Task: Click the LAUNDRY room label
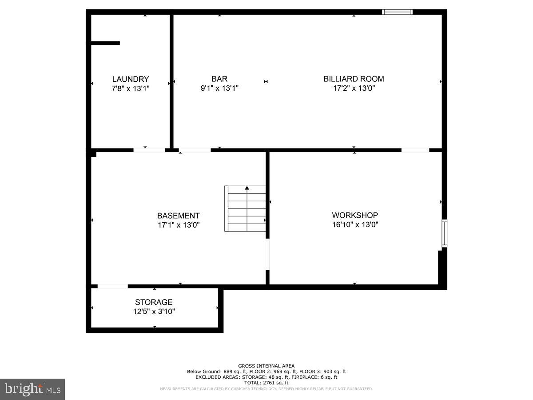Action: [x=130, y=79]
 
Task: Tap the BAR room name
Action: [x=219, y=79]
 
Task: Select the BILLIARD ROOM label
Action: [x=354, y=79]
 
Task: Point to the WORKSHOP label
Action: [x=355, y=216]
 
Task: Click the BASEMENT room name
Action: [x=179, y=216]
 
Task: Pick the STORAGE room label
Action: [x=154, y=303]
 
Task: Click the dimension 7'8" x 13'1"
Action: [x=130, y=88]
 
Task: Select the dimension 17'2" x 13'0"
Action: [x=354, y=88]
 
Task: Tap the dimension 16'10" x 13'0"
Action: [x=355, y=225]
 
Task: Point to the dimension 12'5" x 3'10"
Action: [x=154, y=312]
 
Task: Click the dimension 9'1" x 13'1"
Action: [x=219, y=88]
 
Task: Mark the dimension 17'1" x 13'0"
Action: [x=179, y=225]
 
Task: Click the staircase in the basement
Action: [x=245, y=209]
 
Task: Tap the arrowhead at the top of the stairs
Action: [x=247, y=188]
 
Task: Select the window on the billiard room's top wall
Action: [x=398, y=12]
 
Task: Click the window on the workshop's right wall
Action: [x=444, y=233]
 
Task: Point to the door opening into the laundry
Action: [x=149, y=150]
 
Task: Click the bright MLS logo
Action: [x=32, y=389]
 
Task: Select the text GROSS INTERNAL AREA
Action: [x=266, y=366]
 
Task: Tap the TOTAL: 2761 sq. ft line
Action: [x=266, y=383]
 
